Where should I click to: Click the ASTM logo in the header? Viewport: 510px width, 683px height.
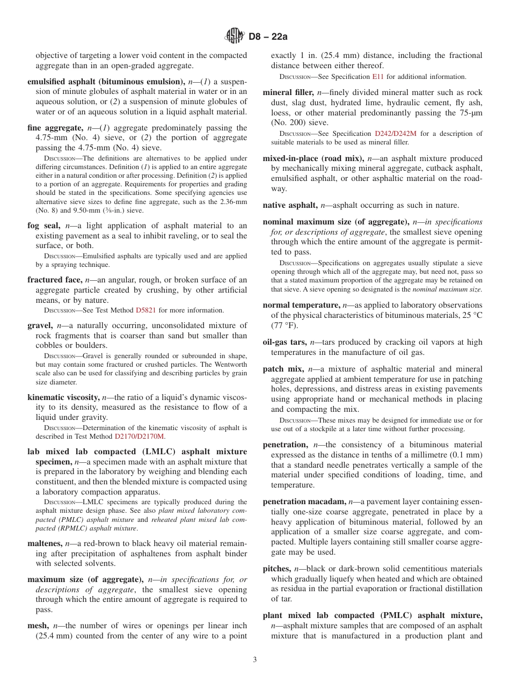coord(234,37)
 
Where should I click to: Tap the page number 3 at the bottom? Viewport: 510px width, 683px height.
coord(255,660)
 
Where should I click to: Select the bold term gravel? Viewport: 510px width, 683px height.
coord(40,325)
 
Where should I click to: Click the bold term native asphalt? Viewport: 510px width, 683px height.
coord(290,205)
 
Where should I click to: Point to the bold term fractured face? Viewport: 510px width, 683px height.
coord(55,280)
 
